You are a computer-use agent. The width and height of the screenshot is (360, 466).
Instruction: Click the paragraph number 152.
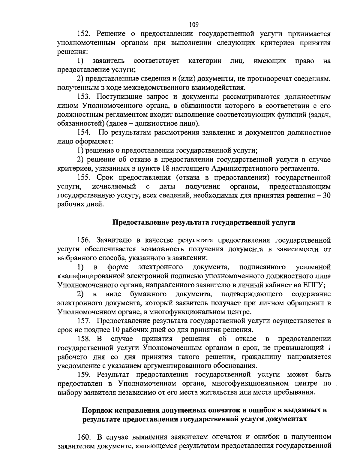click(x=84, y=34)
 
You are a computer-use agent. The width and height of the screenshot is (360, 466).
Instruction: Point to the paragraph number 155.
click(x=84, y=177)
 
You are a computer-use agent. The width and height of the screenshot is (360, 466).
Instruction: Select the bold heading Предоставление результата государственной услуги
click(x=204, y=222)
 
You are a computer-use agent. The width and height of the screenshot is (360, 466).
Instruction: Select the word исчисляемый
click(x=114, y=186)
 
